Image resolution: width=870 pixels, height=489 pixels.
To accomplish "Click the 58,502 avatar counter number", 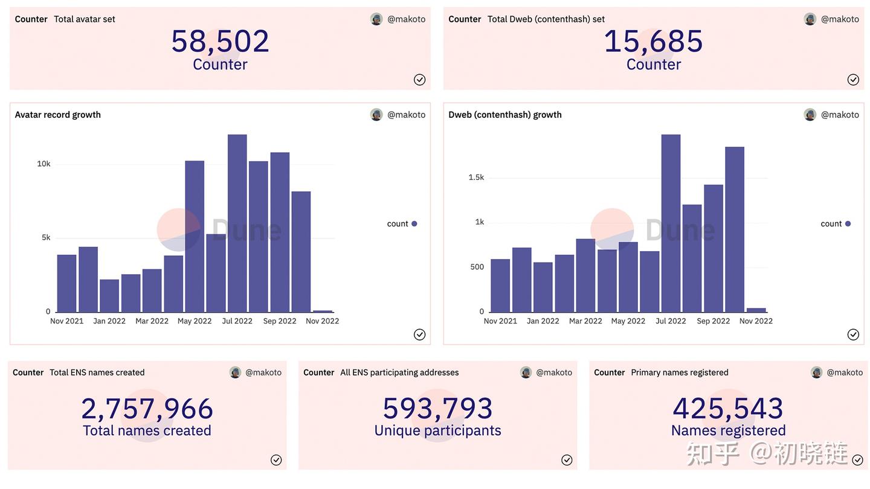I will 220,42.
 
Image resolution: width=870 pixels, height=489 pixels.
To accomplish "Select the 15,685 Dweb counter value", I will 653,42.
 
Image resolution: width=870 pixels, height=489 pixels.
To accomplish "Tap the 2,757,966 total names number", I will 147,409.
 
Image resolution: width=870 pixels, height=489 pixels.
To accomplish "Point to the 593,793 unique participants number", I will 437,409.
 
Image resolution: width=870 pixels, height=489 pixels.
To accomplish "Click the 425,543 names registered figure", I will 728,409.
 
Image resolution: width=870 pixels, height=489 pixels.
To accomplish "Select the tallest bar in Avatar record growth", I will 237,223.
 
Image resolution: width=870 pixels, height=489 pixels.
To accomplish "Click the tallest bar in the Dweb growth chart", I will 671,223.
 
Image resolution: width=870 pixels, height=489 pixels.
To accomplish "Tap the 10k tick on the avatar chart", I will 43,164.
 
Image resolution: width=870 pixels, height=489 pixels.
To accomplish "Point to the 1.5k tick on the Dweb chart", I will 476,177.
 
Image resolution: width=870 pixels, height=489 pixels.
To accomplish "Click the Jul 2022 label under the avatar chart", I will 237,321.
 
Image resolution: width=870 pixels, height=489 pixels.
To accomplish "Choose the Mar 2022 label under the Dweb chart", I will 585,321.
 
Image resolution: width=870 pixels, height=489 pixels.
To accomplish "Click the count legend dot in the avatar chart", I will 414,224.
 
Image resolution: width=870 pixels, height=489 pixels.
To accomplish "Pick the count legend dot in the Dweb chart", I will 848,224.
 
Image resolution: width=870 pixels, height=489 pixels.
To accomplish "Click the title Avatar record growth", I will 58,115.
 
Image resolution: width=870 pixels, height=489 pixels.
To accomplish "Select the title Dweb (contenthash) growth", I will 505,115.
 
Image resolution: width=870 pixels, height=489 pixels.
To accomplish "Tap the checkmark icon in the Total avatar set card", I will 419,80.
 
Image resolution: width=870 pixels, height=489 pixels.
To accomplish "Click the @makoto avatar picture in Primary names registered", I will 817,372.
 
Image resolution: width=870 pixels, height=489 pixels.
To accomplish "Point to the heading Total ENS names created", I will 97,372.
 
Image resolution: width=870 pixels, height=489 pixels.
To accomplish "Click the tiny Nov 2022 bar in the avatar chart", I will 323,311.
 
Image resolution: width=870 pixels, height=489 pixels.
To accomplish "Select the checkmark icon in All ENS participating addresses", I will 567,460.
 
